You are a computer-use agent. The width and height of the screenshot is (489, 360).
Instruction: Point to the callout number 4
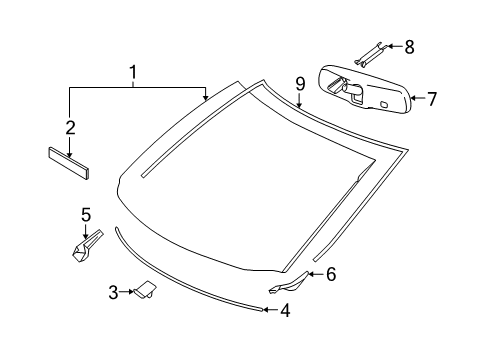click(x=285, y=311)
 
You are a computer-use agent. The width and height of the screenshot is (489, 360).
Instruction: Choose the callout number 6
click(x=331, y=274)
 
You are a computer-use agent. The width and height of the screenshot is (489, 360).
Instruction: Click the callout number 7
click(x=432, y=99)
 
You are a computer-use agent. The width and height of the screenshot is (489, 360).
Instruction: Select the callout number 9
click(x=299, y=83)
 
